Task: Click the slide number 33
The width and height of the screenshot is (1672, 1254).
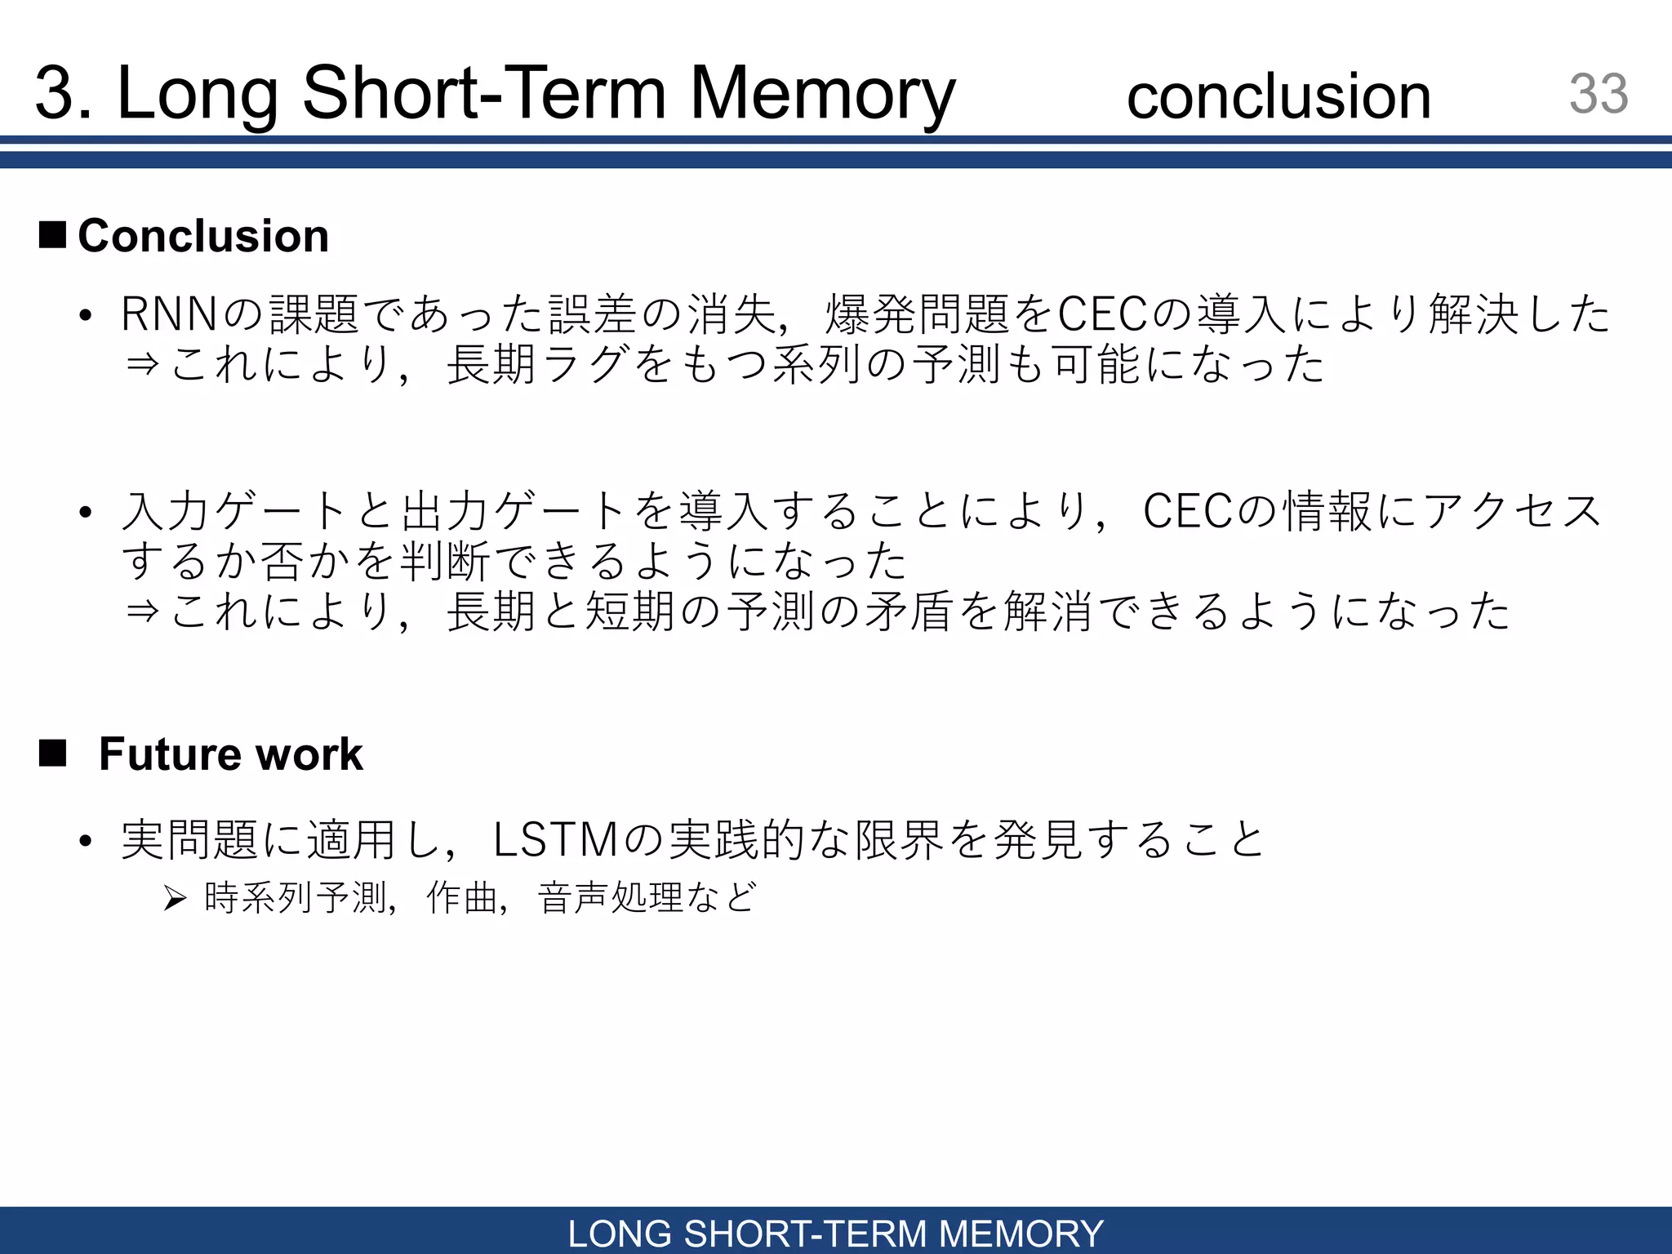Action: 1598,94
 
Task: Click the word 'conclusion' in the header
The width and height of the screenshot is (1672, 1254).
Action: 1278,96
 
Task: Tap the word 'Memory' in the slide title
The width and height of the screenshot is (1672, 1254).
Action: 822,95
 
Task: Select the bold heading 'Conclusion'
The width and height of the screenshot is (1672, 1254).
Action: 203,236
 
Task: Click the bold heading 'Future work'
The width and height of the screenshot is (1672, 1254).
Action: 230,754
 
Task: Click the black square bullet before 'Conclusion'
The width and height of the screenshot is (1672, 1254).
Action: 53,234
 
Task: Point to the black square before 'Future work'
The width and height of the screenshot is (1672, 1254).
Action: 53,753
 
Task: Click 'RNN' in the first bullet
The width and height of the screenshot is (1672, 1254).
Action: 170,314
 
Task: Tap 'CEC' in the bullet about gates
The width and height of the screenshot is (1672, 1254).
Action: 1188,512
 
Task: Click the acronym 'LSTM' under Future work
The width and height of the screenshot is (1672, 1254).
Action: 556,840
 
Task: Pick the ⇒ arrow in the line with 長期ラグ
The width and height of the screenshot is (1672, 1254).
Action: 142,364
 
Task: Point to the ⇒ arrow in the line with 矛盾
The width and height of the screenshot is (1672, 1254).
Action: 142,611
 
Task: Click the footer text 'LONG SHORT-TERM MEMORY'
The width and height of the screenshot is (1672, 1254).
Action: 835,1233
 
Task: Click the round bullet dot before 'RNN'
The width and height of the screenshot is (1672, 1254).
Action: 86,316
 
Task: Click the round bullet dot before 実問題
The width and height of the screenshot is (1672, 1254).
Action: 86,842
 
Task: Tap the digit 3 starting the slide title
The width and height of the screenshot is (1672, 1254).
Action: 55,95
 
